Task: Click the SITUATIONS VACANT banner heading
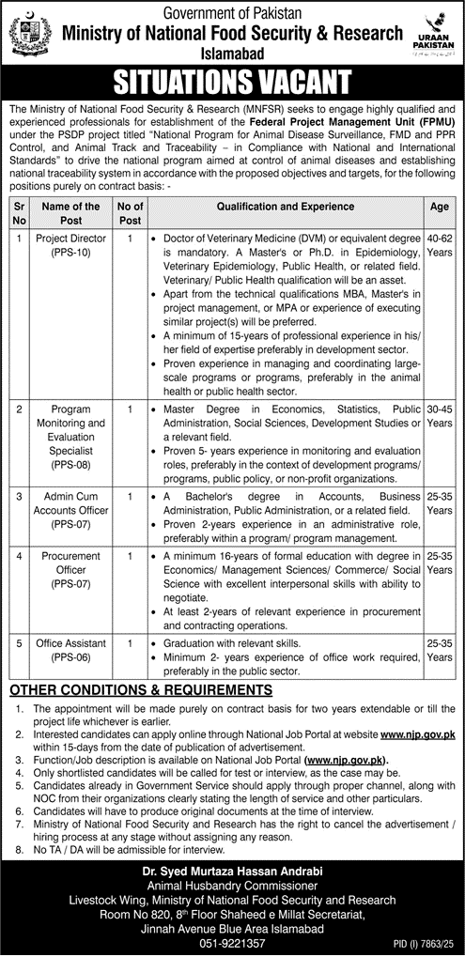pos(231,83)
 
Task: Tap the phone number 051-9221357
pos(232,943)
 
